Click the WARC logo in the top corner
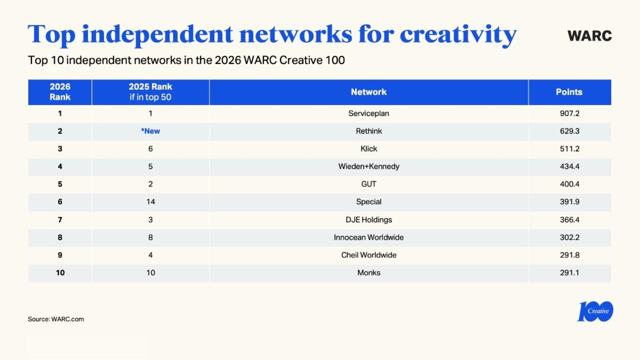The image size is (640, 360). [589, 36]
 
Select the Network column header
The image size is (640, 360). [369, 92]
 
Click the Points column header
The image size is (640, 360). [569, 92]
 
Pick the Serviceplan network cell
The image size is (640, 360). [369, 113]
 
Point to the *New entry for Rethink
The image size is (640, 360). [150, 131]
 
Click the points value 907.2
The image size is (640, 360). [569, 113]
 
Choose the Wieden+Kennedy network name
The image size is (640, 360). [369, 166]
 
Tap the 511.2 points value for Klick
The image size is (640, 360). [569, 148]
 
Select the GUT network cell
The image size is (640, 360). [369, 184]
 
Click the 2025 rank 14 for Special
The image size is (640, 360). [150, 202]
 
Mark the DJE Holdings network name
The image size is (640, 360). [369, 219]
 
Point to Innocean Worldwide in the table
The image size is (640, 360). [369, 237]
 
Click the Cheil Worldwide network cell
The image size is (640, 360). [369, 255]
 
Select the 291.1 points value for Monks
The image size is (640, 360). [569, 273]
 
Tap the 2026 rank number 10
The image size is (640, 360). [60, 273]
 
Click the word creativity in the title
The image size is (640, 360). [458, 34]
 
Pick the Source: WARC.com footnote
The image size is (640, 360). [56, 319]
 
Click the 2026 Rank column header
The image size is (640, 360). [60, 92]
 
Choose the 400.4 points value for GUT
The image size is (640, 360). [569, 184]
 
